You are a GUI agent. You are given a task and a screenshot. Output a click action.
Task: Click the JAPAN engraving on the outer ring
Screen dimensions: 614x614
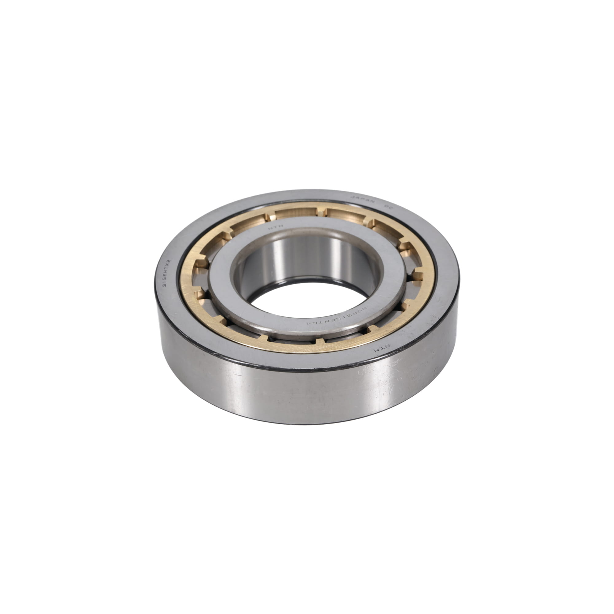(x=363, y=200)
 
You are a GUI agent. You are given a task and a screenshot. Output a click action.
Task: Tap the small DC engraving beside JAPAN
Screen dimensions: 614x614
(x=389, y=206)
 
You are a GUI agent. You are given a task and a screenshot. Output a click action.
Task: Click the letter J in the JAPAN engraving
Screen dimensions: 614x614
(x=352, y=197)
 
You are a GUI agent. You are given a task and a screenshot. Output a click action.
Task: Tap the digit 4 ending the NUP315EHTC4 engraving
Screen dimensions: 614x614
(x=308, y=323)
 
